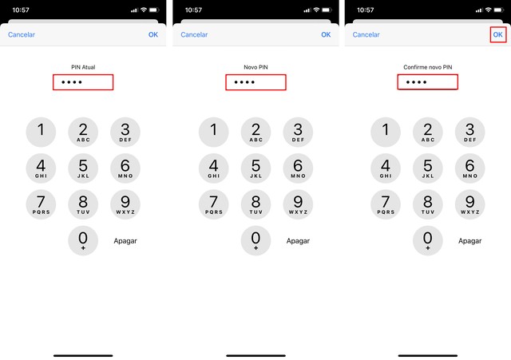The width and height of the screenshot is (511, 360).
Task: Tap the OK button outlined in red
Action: point(497,34)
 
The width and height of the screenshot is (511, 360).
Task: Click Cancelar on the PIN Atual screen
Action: point(22,35)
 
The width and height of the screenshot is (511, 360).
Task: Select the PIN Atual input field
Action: point(83,82)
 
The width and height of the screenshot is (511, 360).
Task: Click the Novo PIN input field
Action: point(255,82)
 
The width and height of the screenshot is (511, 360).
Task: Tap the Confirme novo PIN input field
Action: point(428,82)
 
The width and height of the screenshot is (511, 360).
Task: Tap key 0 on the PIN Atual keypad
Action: point(83,239)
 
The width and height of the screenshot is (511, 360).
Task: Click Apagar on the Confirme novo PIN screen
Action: point(469,240)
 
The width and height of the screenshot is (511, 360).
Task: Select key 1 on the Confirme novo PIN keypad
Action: point(386,132)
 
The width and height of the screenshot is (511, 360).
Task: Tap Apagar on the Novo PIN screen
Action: point(298,240)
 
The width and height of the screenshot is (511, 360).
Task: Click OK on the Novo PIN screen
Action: point(326,35)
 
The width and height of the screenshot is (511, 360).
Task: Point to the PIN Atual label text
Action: point(83,67)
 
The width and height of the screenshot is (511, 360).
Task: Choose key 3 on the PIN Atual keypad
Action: point(125,132)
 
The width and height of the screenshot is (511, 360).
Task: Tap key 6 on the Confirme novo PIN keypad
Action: point(469,168)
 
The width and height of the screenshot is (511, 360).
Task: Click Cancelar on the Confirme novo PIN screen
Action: point(366,35)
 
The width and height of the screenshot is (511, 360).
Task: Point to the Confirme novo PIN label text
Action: point(428,67)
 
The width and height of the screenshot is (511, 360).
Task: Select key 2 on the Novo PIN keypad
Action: point(255,132)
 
